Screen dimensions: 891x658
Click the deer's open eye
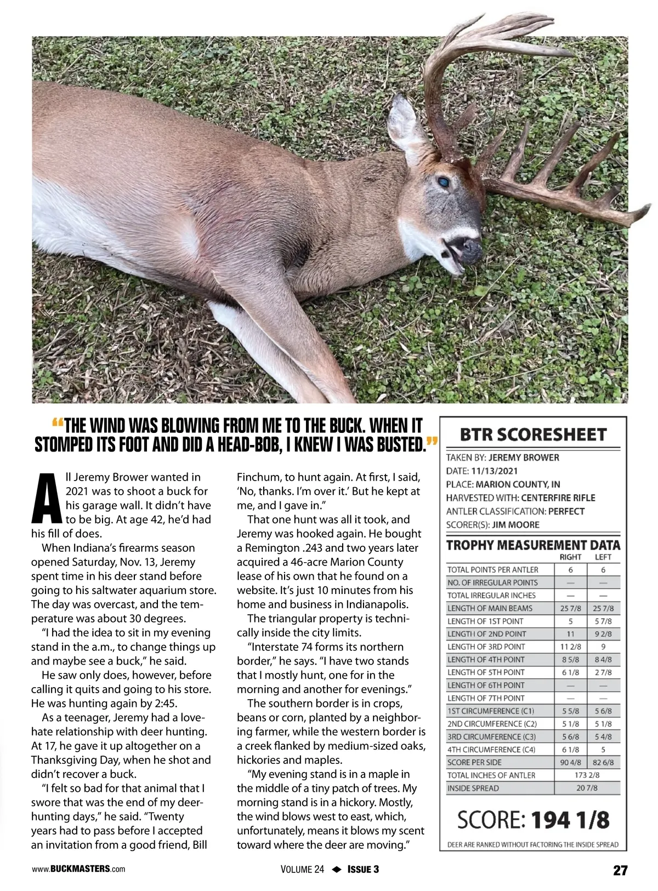pos(443,181)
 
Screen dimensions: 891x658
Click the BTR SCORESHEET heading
pos(533,435)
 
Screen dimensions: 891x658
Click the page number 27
pos(620,870)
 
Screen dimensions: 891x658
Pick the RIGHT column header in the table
pos(570,557)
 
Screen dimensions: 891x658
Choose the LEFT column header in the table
pos(603,557)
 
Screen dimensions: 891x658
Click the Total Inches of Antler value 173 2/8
pos(587,775)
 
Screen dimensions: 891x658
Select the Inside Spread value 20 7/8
pos(587,788)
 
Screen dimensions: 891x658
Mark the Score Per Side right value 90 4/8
pos(571,762)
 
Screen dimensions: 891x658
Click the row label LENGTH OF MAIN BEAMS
pos(490,608)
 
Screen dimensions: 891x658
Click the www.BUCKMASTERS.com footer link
pos(78,869)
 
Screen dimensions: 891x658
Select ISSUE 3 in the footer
pos(363,870)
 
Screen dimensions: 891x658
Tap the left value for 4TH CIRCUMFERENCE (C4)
pos(603,749)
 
